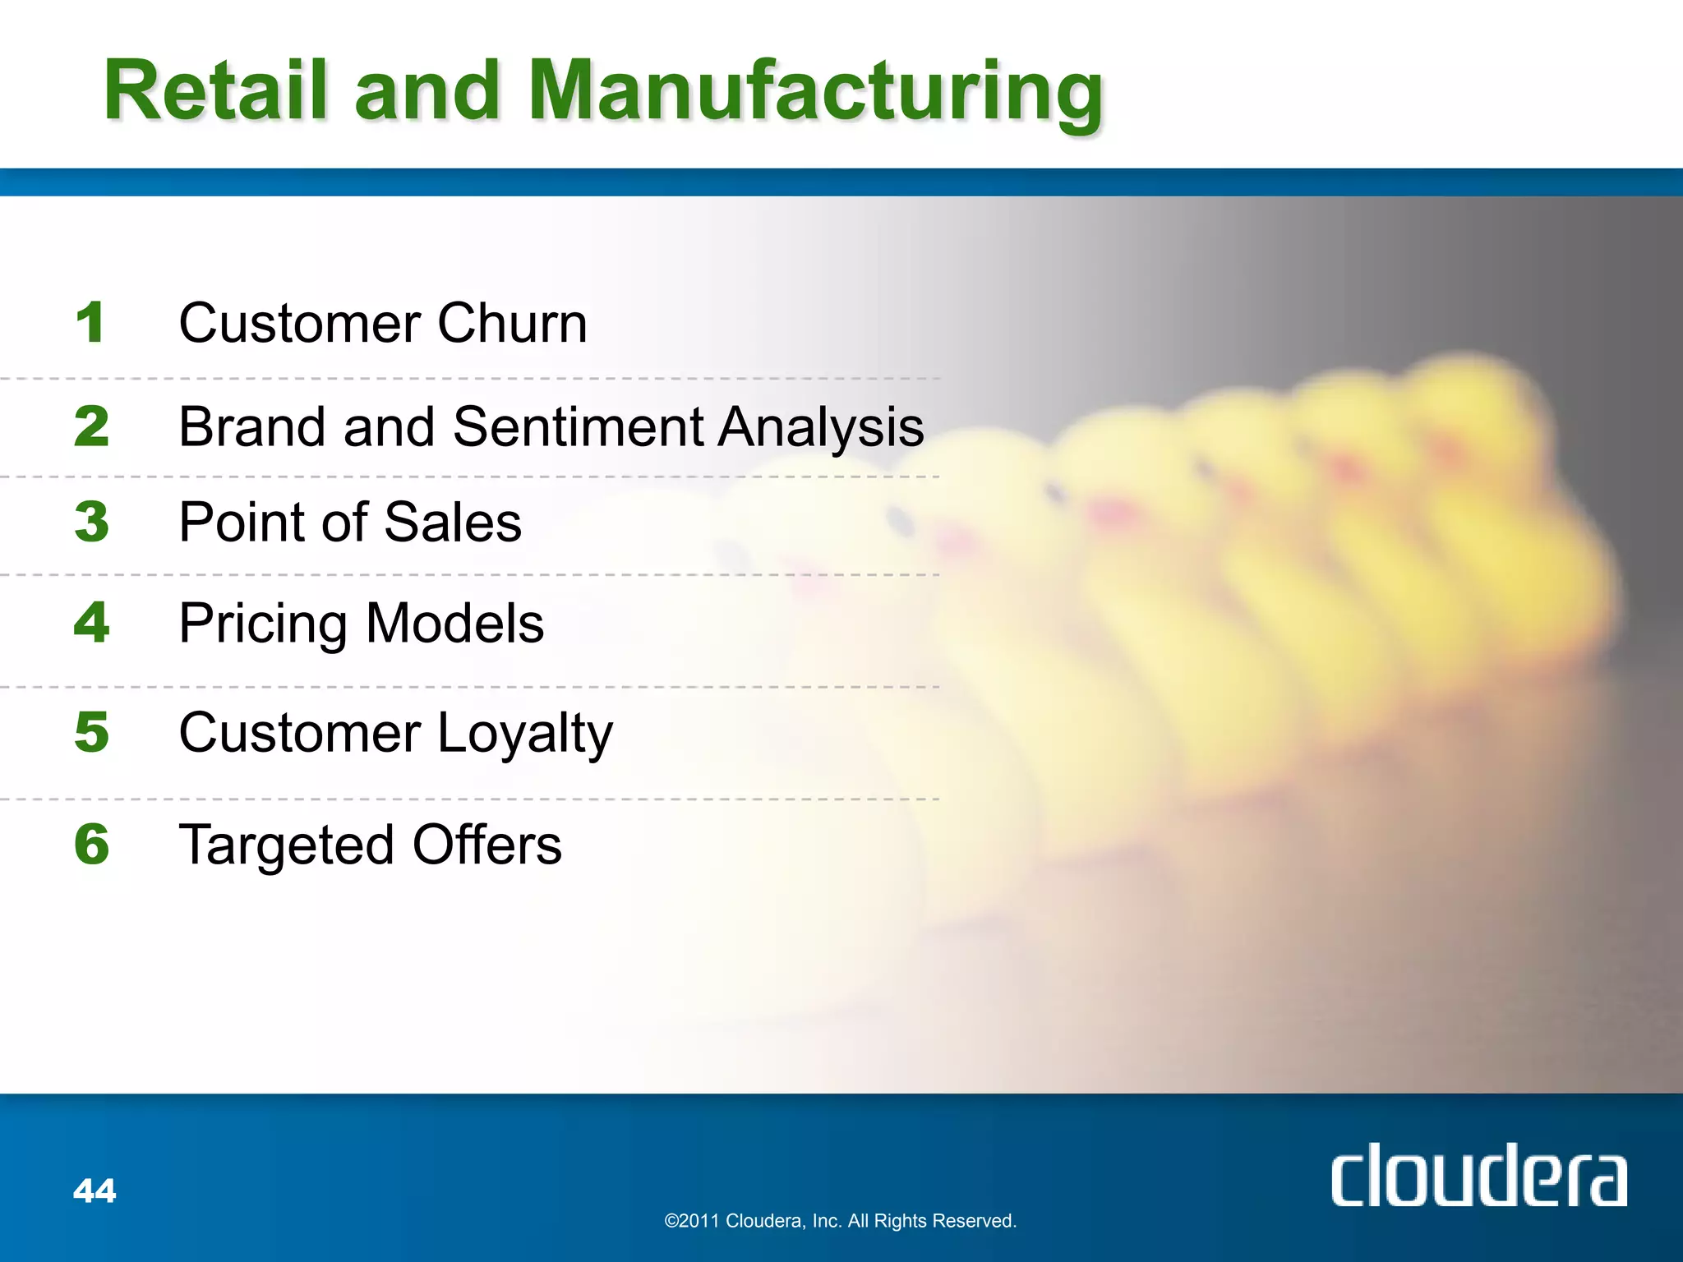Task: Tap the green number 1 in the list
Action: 90,322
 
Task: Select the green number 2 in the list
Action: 91,426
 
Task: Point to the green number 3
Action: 91,522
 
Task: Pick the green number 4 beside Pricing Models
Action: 91,622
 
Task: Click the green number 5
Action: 91,732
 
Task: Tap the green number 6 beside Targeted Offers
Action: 91,844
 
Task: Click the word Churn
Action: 512,323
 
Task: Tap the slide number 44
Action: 95,1191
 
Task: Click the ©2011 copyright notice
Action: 840,1221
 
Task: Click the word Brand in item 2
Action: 252,427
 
